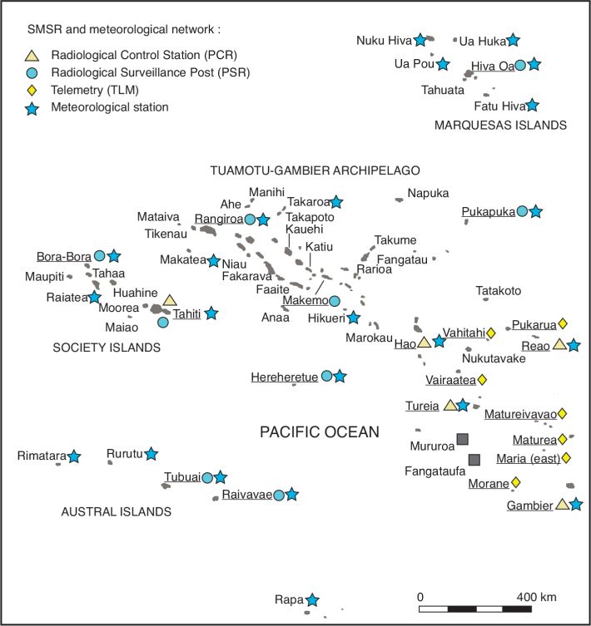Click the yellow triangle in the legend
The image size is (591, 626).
tap(32, 56)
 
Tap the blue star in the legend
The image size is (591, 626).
tap(32, 106)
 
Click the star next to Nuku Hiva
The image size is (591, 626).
tap(421, 39)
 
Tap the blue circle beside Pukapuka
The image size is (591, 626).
tap(522, 212)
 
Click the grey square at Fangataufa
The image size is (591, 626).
tap(474, 460)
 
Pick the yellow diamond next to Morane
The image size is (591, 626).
tap(515, 482)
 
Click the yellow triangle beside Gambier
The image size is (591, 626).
tap(562, 504)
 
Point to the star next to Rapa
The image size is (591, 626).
tap(311, 599)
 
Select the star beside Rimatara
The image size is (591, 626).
tap(74, 456)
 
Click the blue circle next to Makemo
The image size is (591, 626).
tap(335, 301)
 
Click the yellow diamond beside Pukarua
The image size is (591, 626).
tap(562, 323)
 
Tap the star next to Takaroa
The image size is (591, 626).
tap(336, 201)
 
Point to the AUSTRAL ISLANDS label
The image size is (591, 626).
tap(117, 512)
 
